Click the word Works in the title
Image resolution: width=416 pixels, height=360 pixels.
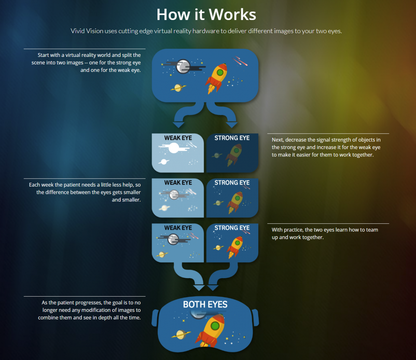click(x=232, y=15)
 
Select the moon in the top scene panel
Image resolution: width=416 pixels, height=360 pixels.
click(x=183, y=66)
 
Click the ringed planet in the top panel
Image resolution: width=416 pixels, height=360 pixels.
click(x=178, y=88)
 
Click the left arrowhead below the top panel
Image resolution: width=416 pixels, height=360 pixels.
click(x=179, y=125)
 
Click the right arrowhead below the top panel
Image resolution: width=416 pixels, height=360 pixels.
click(x=232, y=125)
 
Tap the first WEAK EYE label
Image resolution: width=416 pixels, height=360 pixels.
click(x=178, y=138)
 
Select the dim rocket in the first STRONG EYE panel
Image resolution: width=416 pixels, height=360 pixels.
click(x=233, y=155)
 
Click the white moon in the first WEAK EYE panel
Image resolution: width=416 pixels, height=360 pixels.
click(x=174, y=148)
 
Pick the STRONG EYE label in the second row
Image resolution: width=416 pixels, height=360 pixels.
click(x=232, y=183)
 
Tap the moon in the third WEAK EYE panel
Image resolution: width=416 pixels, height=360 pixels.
click(x=173, y=239)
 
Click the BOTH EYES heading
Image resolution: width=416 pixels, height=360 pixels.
click(x=205, y=305)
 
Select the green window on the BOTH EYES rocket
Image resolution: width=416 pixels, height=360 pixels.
click(x=215, y=326)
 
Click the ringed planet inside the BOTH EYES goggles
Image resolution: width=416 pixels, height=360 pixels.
click(x=181, y=335)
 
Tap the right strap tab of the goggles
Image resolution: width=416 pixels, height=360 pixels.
click(x=255, y=317)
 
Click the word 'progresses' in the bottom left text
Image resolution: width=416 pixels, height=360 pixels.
click(x=90, y=303)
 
